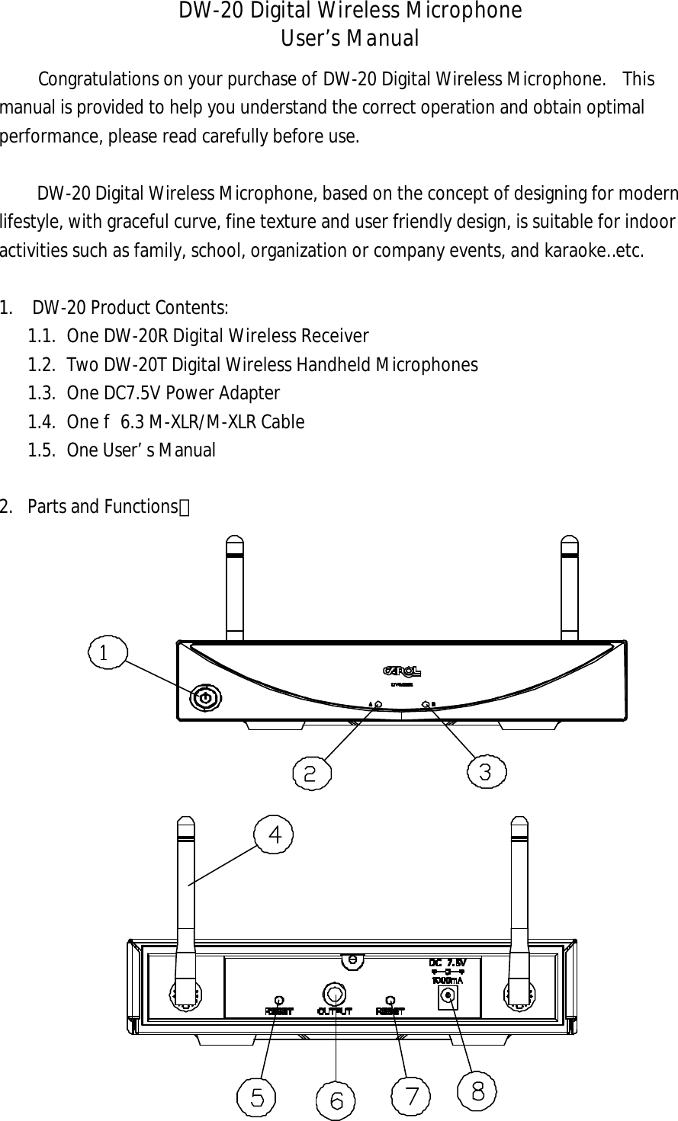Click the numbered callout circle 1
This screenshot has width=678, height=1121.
108,653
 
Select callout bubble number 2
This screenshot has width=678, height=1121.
311,773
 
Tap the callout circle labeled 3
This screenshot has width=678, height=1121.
486,771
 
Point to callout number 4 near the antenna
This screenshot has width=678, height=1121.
274,834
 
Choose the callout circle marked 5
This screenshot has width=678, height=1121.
256,1097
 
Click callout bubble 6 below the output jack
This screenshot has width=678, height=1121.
336,1100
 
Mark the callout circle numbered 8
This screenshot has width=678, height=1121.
477,1091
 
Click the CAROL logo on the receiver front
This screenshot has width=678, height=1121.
402,671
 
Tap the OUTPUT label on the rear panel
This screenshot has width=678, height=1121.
334,1011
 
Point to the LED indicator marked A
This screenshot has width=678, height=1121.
379,705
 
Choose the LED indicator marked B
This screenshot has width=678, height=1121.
425,705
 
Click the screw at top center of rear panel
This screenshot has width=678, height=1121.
352,959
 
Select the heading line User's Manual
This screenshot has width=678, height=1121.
350,38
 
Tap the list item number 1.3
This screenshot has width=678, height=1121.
41,393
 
